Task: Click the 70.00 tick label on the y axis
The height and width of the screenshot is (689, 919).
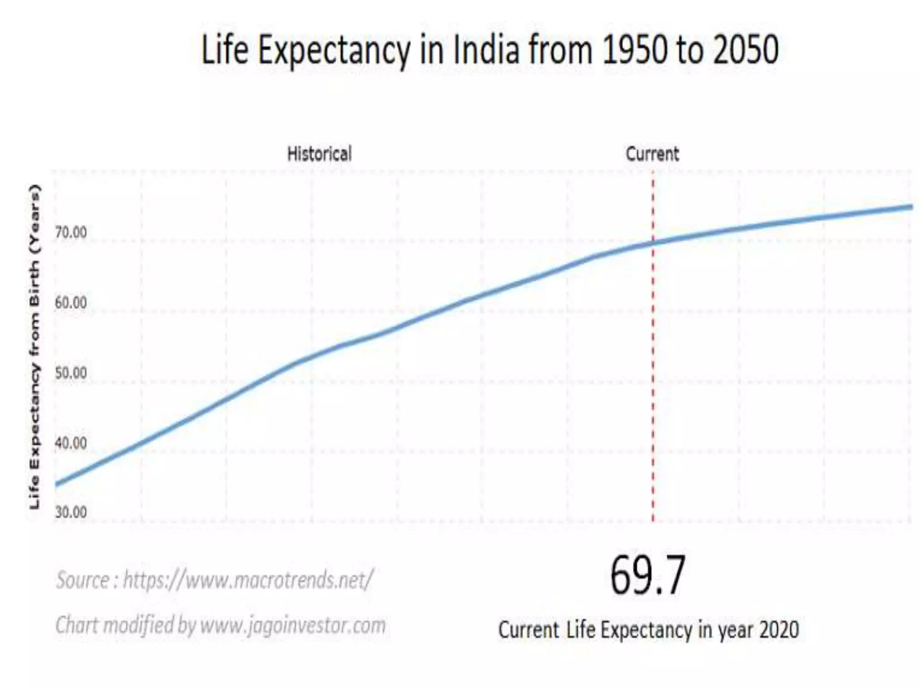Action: [71, 233]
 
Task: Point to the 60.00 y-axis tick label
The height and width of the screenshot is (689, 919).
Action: [71, 303]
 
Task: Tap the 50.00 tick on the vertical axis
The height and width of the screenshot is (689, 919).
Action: [71, 373]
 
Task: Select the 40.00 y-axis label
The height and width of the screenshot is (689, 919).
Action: [71, 443]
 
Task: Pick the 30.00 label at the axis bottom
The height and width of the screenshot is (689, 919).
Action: [71, 512]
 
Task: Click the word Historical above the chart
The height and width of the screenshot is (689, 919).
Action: [319, 154]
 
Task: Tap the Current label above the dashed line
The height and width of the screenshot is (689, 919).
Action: [652, 154]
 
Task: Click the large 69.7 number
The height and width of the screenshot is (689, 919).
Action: [648, 576]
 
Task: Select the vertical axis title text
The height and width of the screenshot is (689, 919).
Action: [35, 347]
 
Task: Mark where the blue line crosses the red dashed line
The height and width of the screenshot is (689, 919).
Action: [653, 243]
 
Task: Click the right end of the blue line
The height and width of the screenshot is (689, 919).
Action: [911, 207]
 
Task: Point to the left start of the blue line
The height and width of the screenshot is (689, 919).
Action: [57, 484]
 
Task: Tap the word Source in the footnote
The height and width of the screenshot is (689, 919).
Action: [82, 580]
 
